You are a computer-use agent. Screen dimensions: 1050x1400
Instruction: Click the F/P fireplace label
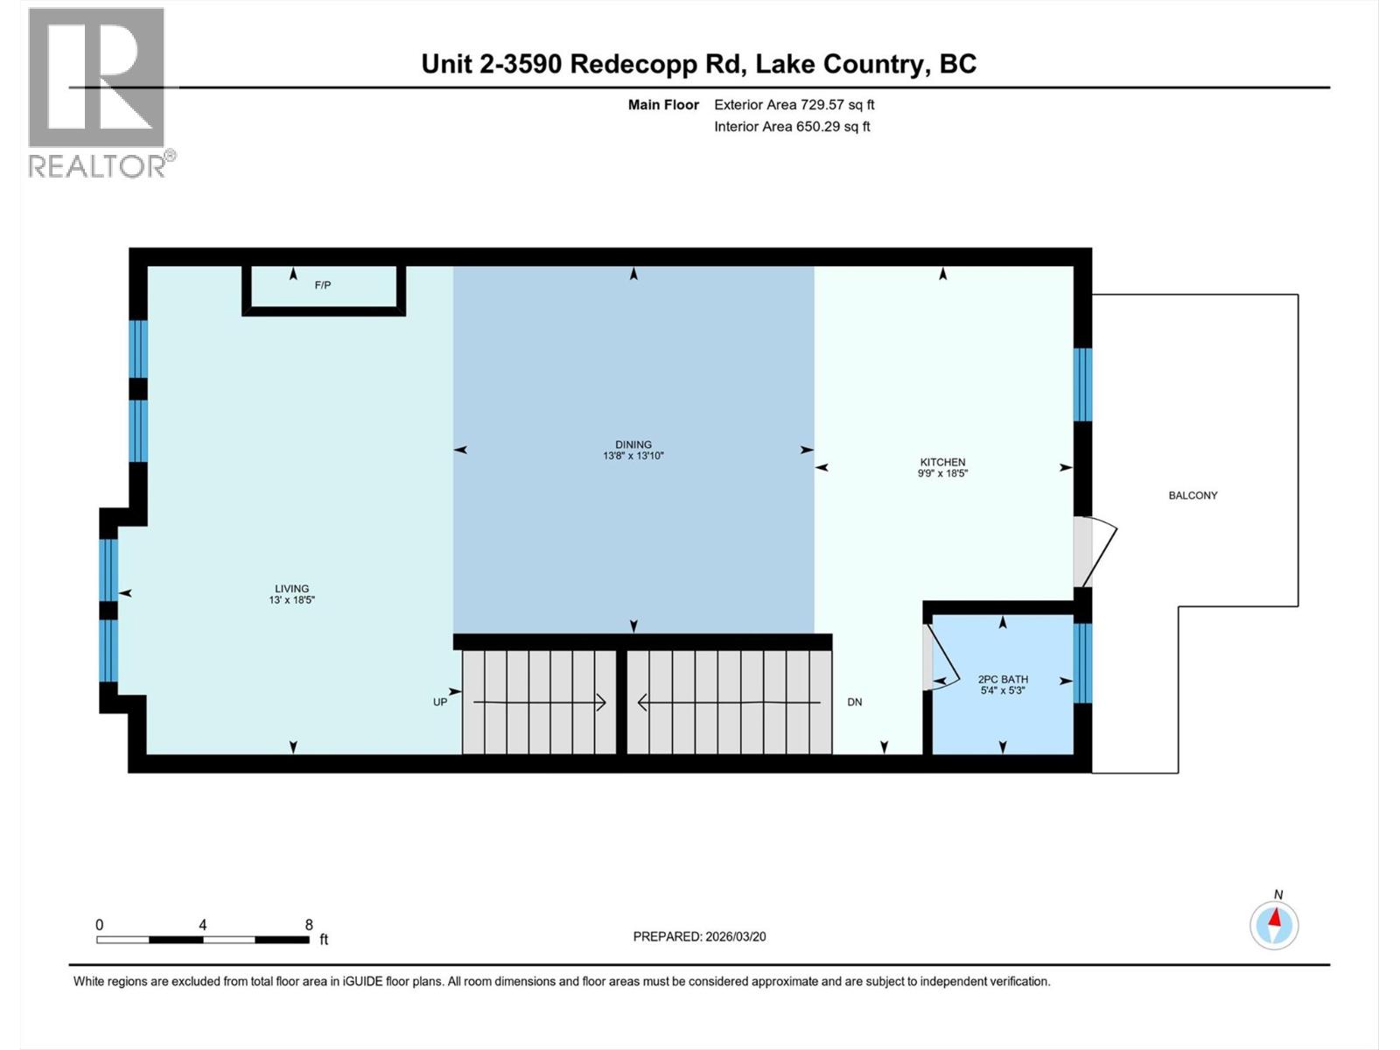click(x=323, y=285)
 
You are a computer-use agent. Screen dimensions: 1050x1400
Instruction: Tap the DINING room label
click(x=633, y=444)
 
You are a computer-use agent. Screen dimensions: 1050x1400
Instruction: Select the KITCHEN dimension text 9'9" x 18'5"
click(x=942, y=473)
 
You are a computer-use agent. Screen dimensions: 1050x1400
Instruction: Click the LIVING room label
click(x=291, y=589)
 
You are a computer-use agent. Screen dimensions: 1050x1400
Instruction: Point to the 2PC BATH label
click(x=1003, y=679)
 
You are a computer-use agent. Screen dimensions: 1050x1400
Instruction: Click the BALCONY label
click(x=1193, y=495)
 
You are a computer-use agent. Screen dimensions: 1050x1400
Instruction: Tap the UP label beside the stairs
click(x=440, y=702)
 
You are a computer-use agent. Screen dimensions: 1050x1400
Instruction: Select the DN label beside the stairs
click(x=855, y=702)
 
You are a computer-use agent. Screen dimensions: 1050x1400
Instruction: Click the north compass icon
click(x=1274, y=925)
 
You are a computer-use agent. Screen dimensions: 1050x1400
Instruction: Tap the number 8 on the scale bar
click(x=309, y=925)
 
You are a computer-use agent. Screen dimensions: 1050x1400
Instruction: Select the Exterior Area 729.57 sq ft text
click(x=794, y=105)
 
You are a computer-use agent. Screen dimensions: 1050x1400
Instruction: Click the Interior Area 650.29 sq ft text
click(x=792, y=127)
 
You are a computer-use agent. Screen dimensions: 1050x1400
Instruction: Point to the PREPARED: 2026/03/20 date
click(x=699, y=936)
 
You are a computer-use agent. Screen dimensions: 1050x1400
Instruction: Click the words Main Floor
click(x=663, y=105)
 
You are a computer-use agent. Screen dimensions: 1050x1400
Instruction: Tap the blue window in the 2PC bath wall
click(x=1082, y=662)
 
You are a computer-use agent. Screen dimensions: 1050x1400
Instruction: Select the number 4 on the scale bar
click(x=203, y=925)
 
